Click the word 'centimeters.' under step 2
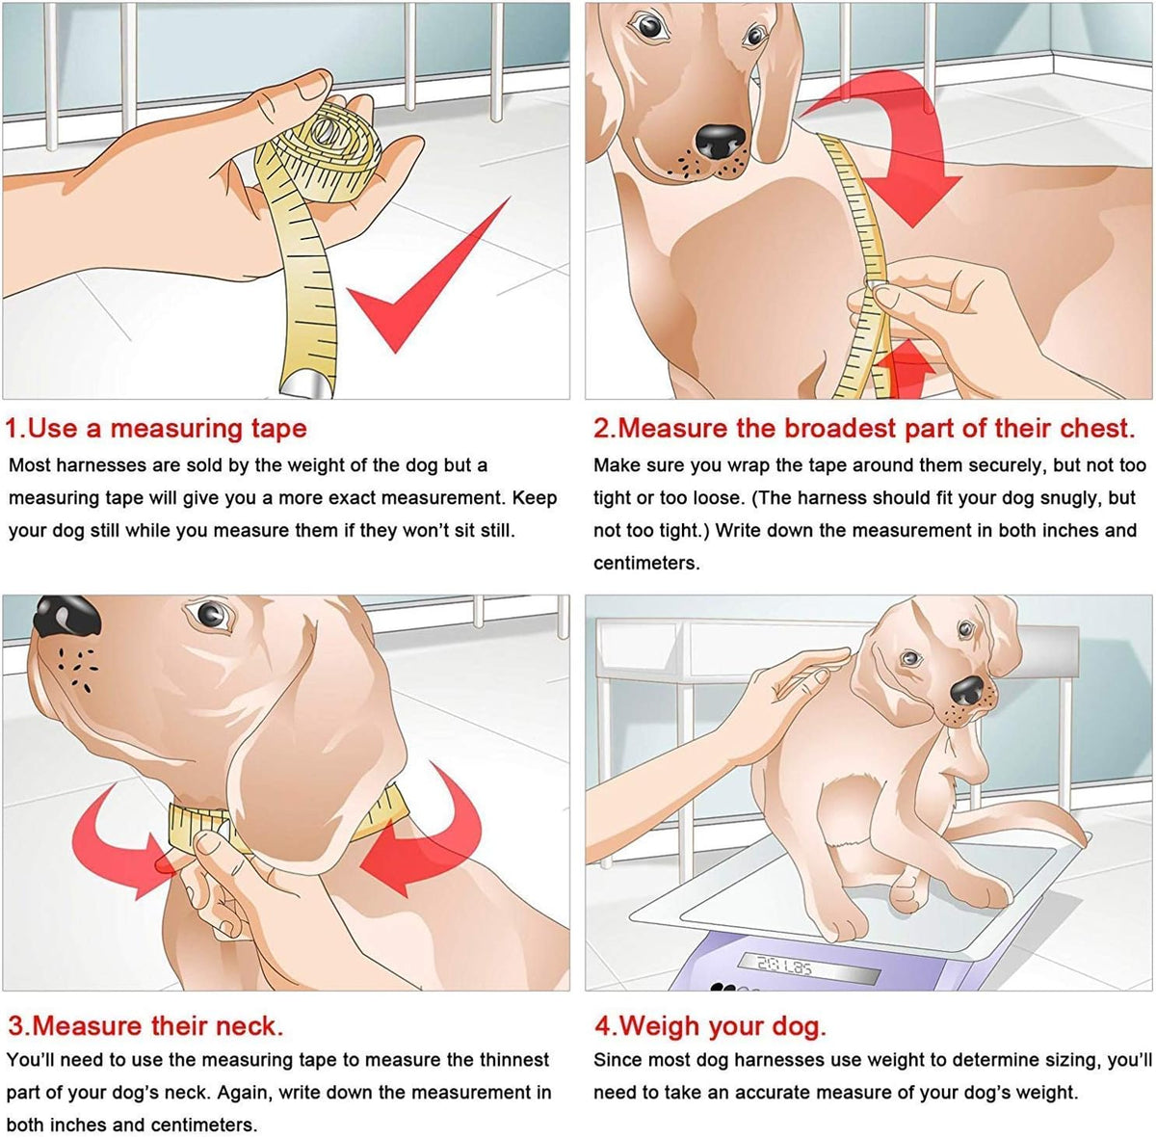click(646, 563)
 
